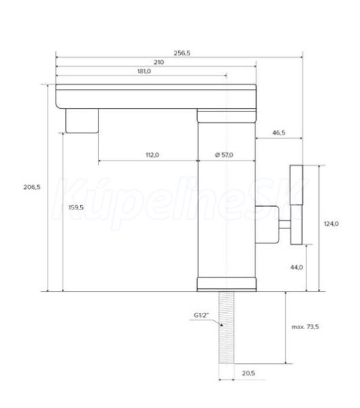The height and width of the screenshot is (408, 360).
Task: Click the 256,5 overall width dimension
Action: tap(182, 53)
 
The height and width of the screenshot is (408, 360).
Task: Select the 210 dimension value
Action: tap(158, 62)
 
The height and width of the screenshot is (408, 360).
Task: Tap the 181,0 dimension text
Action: tap(144, 71)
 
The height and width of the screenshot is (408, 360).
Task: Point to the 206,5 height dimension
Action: tap(32, 187)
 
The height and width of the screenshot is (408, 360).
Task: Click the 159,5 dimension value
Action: tap(76, 207)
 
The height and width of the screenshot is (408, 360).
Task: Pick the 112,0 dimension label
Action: tap(152, 155)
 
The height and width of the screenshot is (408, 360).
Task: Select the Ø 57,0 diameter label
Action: tap(224, 155)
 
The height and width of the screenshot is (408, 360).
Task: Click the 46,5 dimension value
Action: tap(278, 133)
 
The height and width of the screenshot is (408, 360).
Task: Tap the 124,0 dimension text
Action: tap(331, 224)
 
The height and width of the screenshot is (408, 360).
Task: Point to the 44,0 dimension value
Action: tap(297, 267)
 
